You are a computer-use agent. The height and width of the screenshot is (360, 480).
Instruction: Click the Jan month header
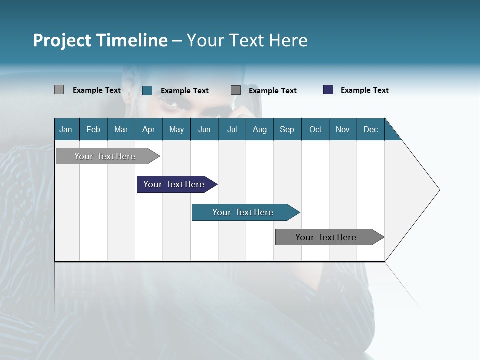(x=66, y=129)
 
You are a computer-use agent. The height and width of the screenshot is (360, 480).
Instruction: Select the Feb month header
(x=93, y=129)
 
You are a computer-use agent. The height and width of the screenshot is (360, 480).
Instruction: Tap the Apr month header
(x=149, y=129)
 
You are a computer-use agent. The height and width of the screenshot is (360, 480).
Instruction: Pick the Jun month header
(x=204, y=129)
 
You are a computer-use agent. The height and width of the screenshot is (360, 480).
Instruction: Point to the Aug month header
(x=260, y=129)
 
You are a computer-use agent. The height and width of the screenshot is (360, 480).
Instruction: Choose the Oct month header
(x=315, y=129)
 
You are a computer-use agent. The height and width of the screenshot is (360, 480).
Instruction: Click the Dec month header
(x=371, y=129)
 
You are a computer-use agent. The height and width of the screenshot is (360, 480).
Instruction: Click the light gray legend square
(x=59, y=90)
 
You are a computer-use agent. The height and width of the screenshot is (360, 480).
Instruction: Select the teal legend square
(x=147, y=90)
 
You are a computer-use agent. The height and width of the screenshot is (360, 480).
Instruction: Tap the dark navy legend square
(x=328, y=90)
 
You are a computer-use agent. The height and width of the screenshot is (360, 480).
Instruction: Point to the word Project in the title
(x=62, y=40)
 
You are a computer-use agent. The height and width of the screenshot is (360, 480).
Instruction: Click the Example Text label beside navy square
(x=364, y=90)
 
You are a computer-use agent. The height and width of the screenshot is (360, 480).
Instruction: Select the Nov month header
(x=343, y=129)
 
